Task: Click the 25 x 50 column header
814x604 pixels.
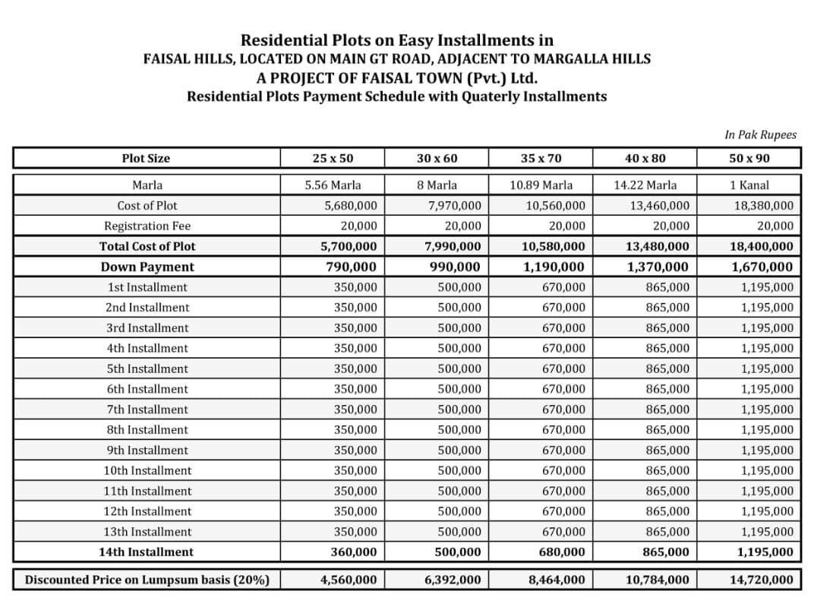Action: tap(333, 158)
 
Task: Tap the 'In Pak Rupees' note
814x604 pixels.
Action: tap(760, 134)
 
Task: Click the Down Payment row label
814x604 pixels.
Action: tap(147, 267)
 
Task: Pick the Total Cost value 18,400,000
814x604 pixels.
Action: tap(762, 246)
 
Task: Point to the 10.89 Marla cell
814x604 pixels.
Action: tap(541, 185)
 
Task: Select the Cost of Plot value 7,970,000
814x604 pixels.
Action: tap(455, 205)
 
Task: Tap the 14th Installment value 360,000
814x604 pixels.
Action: tap(355, 552)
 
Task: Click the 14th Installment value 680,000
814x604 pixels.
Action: tap(562, 552)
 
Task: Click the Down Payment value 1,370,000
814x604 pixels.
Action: tap(658, 267)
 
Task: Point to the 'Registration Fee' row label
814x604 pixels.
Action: tap(147, 226)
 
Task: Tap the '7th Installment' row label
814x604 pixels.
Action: tap(147, 410)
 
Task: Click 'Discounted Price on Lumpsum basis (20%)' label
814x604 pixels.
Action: tap(147, 580)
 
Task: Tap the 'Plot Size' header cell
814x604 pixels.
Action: tap(146, 158)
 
